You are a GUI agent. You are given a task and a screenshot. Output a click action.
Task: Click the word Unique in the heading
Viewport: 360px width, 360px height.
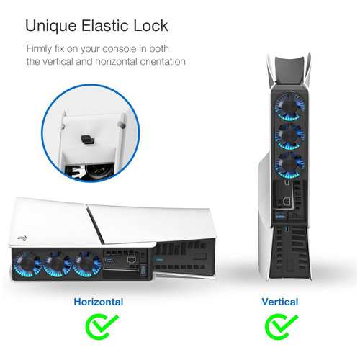51,26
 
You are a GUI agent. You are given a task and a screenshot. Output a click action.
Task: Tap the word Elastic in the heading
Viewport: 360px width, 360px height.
105,25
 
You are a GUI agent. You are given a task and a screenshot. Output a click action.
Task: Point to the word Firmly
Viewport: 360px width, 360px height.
39,49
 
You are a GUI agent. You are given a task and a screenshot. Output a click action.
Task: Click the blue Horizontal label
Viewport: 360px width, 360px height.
99,302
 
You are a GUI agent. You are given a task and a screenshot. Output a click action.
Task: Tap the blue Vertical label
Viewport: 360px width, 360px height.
280,302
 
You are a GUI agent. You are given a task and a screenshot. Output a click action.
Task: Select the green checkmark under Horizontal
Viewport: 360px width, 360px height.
102,326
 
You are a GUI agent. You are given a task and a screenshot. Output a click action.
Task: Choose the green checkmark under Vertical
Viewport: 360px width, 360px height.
281,326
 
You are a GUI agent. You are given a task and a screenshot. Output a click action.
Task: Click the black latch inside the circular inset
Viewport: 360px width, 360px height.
88,139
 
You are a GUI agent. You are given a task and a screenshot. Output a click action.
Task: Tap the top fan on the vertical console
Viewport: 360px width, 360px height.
289,106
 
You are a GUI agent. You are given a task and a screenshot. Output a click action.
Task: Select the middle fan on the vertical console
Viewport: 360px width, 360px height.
289,135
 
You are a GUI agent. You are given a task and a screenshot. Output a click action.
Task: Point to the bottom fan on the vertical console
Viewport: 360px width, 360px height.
289,165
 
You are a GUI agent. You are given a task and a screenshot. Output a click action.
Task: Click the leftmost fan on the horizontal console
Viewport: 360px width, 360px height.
27,264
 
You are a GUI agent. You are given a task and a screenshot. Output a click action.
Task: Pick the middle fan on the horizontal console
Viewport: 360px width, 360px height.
57,264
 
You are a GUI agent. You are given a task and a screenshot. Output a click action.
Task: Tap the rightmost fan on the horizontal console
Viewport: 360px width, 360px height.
87,264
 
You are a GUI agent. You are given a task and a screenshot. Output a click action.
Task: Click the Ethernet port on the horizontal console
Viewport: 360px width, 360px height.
131,260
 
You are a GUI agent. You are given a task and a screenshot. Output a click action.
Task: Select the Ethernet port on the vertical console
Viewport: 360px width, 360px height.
287,201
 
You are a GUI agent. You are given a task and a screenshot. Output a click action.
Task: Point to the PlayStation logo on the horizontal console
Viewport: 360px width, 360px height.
22,238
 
